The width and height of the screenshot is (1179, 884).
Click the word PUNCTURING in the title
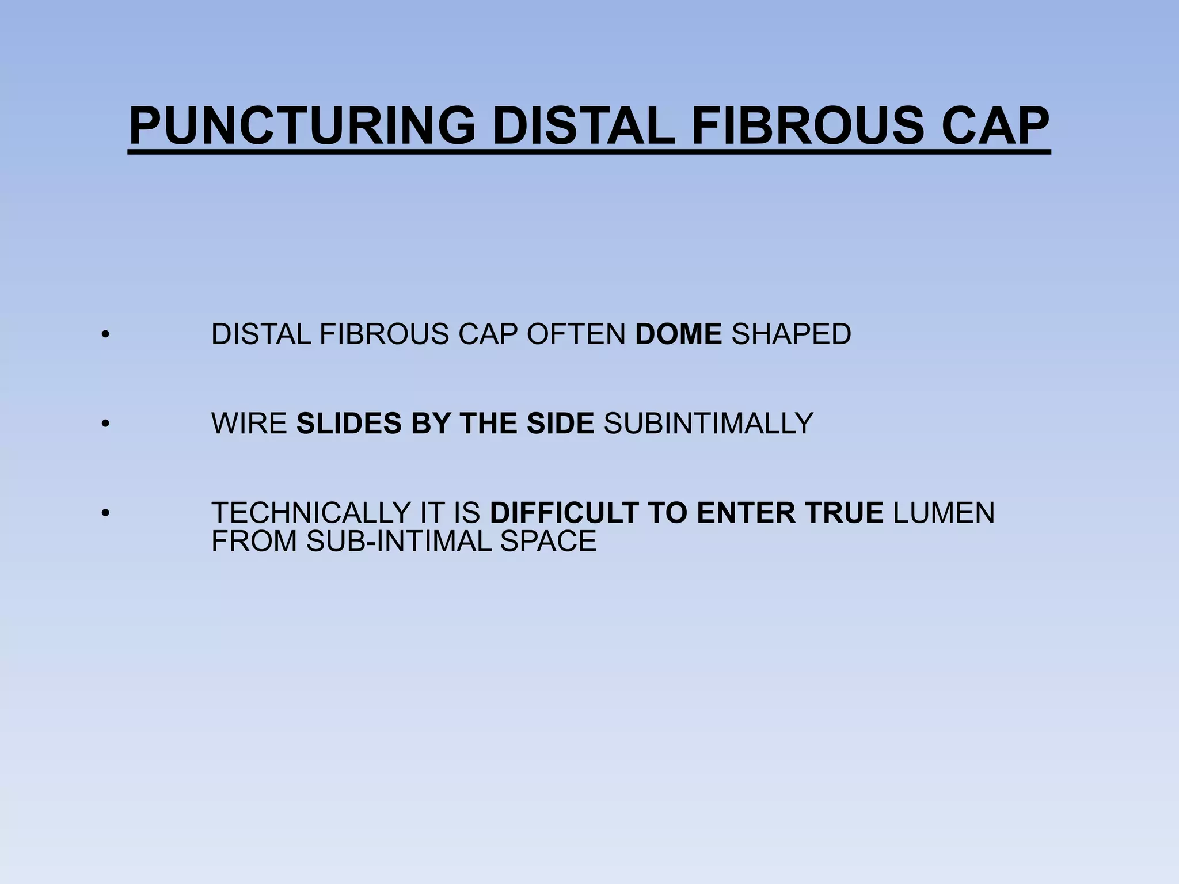(302, 126)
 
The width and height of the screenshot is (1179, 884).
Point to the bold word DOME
(678, 334)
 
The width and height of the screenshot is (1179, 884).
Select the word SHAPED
(791, 334)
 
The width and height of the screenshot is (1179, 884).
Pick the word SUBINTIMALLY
(708, 424)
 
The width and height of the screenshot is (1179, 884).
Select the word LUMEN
(944, 513)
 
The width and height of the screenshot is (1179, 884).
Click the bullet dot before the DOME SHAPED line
(104, 335)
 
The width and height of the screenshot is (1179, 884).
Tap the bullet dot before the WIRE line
(104, 424)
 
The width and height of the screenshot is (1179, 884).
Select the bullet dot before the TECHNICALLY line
(104, 513)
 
